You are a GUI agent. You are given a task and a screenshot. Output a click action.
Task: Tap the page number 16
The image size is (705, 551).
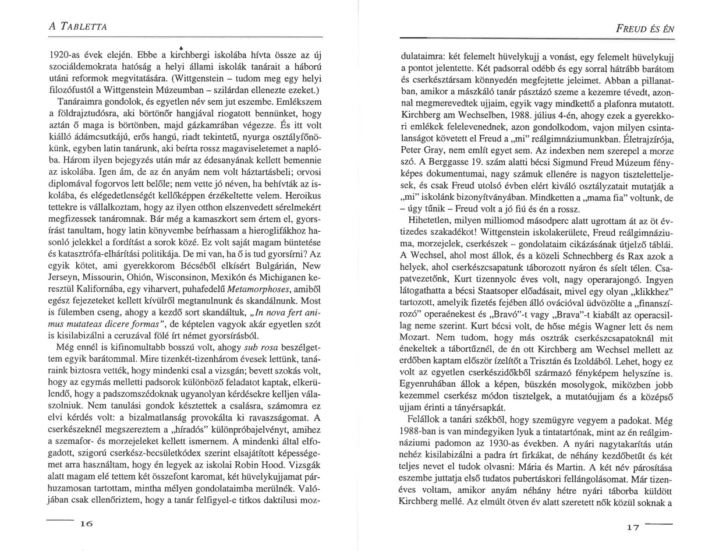point(87,523)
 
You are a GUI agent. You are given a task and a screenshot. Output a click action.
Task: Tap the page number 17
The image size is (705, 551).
point(633,527)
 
